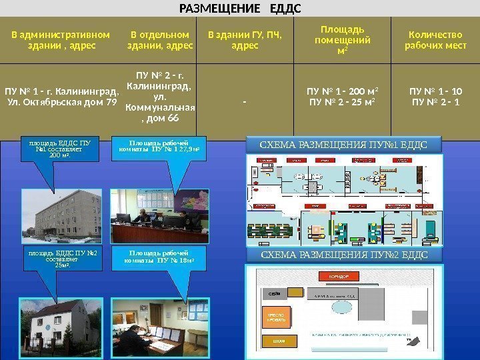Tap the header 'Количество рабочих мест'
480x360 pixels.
(x=435, y=40)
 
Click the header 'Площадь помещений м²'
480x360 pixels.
(x=342, y=40)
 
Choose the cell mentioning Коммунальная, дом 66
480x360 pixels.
(x=160, y=97)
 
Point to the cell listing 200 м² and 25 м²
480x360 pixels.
(x=342, y=97)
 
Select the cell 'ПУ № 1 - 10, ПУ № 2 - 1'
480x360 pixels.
(x=435, y=97)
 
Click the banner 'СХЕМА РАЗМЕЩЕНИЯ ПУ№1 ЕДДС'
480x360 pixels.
(x=343, y=145)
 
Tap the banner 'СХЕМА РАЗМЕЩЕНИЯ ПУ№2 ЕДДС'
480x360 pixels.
(x=343, y=255)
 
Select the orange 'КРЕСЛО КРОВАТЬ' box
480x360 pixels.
(x=277, y=317)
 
